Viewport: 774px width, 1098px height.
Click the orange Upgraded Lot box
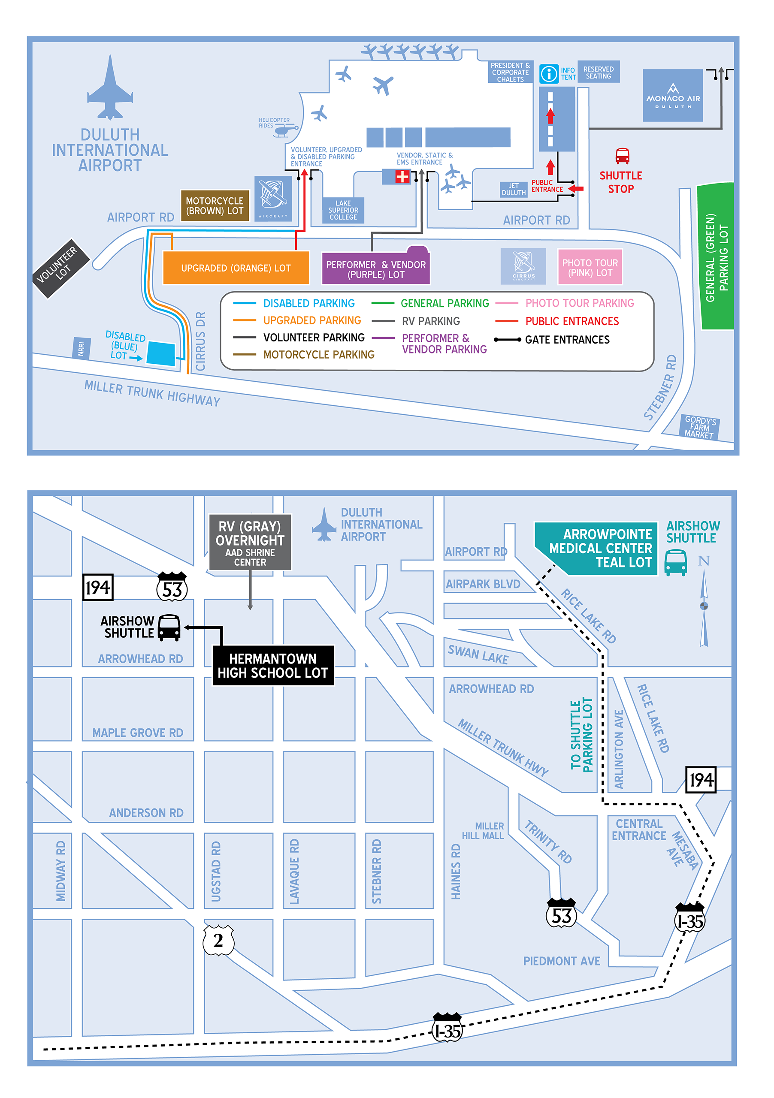(236, 268)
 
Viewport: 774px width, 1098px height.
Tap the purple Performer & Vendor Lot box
(375, 269)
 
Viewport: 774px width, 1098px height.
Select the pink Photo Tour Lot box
(590, 267)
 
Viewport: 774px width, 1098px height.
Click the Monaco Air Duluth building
(673, 96)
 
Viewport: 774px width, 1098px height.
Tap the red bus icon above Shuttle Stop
(622, 156)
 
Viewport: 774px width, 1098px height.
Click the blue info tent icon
(549, 74)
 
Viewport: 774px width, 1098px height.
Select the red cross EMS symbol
(402, 176)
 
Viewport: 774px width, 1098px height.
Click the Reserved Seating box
(598, 72)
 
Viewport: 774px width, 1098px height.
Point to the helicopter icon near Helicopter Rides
(286, 130)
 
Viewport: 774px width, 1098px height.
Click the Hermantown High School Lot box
(273, 666)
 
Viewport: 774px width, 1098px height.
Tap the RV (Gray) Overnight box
(250, 542)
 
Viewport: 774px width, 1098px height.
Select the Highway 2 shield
(218, 940)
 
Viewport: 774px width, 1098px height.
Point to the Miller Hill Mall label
(483, 831)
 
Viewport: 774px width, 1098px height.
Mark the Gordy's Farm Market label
(700, 427)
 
